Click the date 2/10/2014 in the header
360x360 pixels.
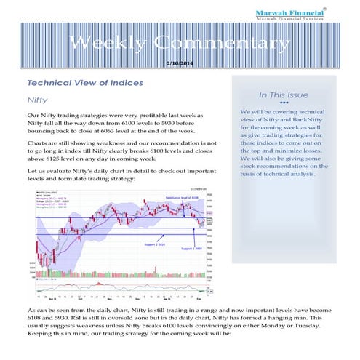(180, 64)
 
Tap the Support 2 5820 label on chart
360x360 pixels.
(146, 245)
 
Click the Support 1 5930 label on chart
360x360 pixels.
(183, 248)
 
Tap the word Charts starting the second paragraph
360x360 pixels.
(38, 144)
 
